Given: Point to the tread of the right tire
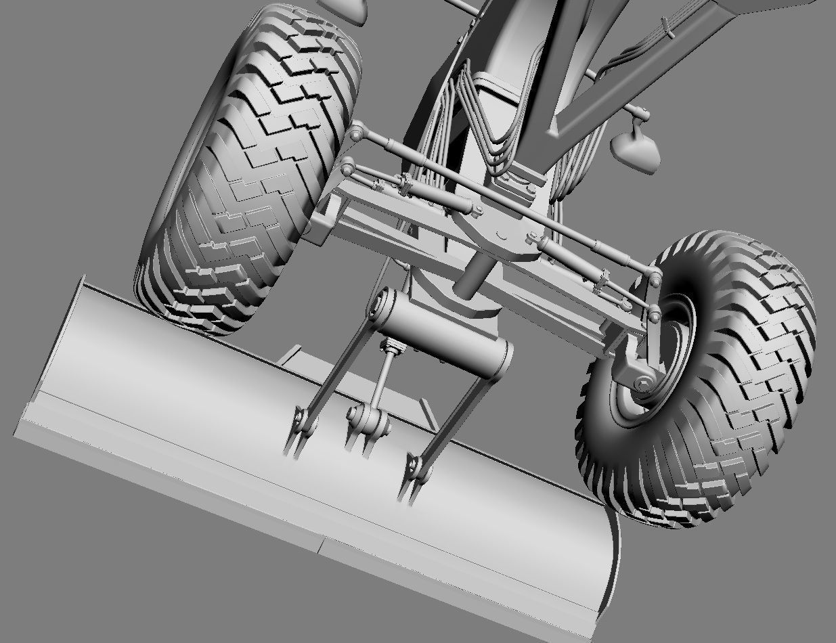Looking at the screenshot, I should click(x=758, y=379).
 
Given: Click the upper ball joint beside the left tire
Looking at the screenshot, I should click(x=356, y=133).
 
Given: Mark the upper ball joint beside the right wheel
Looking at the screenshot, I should click(x=655, y=278).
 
